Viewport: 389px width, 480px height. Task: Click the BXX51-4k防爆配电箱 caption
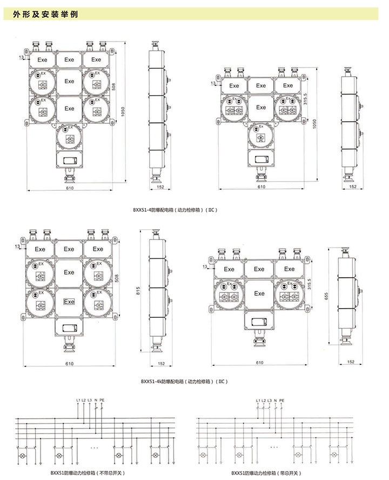click(184, 381)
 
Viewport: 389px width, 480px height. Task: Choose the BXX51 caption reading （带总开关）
click(260, 474)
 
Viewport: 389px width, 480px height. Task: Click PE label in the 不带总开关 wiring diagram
click(102, 400)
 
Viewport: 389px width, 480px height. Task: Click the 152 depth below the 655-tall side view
click(352, 361)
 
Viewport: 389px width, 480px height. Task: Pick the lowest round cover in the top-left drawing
click(69, 136)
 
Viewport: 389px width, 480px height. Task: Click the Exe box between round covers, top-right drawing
click(261, 107)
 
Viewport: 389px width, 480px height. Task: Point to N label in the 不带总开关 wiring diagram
click(96, 400)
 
